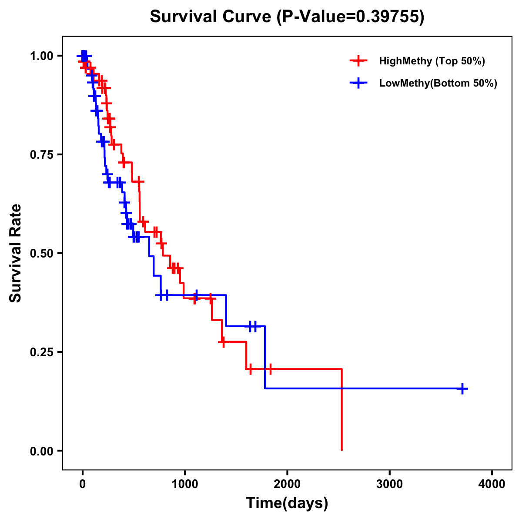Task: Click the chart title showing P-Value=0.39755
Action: (x=287, y=17)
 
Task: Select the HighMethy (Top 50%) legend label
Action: (x=432, y=61)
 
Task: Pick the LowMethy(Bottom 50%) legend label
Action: (x=438, y=83)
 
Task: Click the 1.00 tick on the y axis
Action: (x=41, y=56)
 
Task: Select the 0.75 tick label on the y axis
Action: (x=41, y=155)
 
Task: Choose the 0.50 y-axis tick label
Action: (x=41, y=254)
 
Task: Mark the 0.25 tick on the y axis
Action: (x=41, y=352)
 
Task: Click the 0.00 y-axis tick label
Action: (x=41, y=451)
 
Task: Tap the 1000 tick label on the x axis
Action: (x=185, y=484)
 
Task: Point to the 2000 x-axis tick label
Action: (x=287, y=484)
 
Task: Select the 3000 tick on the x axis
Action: (x=390, y=484)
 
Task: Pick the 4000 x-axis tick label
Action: (x=492, y=484)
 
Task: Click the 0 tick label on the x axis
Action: (x=82, y=484)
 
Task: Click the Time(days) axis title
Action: (x=287, y=503)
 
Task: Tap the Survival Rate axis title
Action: (x=16, y=253)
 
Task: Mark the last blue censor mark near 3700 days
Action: (x=463, y=388)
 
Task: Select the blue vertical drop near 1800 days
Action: (x=264, y=357)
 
